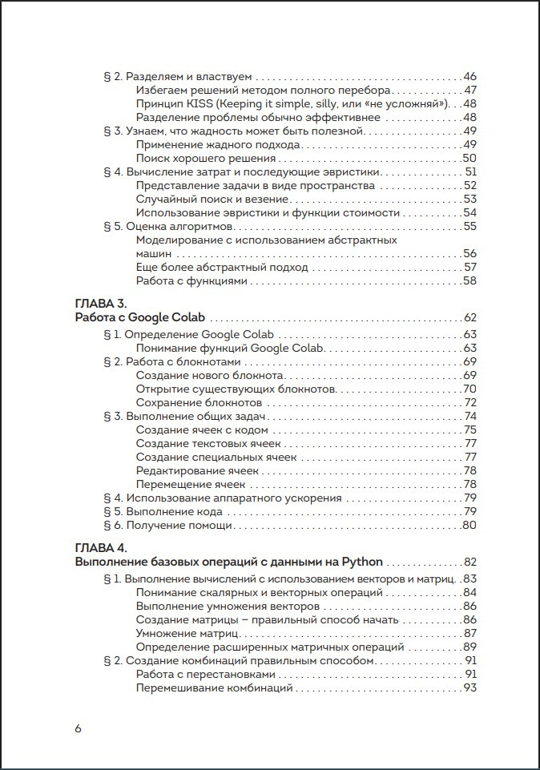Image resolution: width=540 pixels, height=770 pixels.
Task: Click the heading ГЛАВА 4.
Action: click(x=100, y=548)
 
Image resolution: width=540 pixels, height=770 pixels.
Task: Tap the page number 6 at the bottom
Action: click(x=78, y=728)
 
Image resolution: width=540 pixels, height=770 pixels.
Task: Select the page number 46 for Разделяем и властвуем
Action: click(x=469, y=77)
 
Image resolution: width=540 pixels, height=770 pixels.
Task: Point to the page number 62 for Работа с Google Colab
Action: click(x=469, y=318)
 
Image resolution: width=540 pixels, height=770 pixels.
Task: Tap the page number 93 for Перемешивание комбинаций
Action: click(x=469, y=688)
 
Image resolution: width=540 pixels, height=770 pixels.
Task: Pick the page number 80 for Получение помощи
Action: click(x=469, y=526)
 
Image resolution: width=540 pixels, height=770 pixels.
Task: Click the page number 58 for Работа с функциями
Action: click(x=469, y=281)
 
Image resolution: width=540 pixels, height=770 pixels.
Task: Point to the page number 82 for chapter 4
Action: click(x=469, y=562)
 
